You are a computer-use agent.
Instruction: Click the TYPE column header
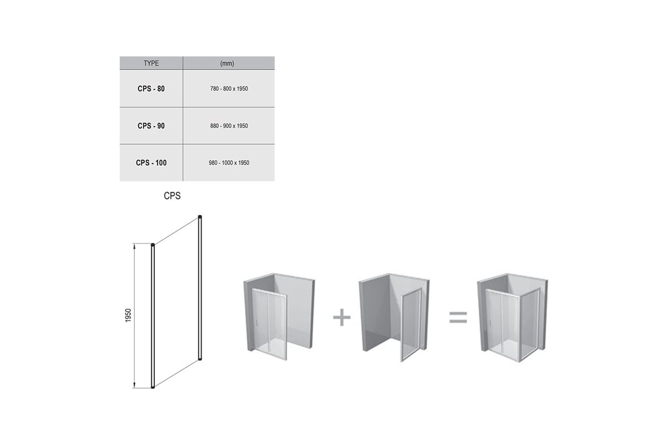(151, 63)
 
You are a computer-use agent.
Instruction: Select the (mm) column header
(227, 63)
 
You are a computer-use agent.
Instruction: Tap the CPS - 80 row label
(151, 88)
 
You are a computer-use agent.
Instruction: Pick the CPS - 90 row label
(151, 126)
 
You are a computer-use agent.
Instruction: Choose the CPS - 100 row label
(151, 163)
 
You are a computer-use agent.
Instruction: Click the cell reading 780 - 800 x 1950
(229, 88)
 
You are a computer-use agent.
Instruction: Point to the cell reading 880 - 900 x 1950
(229, 126)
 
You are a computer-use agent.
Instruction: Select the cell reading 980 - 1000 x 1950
(229, 163)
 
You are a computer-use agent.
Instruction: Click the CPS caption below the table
(172, 196)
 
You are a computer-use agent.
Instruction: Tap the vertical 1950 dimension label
(128, 315)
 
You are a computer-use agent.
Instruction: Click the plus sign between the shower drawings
(342, 317)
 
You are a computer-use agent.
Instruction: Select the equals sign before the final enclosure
(458, 318)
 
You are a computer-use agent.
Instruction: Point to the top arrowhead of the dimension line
(134, 246)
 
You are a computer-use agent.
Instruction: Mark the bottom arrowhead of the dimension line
(134, 385)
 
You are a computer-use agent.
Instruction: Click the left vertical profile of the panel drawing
(153, 316)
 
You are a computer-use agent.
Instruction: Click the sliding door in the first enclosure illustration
(269, 324)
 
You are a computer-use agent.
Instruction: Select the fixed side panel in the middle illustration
(411, 325)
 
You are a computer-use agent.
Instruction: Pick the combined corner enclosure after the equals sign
(512, 318)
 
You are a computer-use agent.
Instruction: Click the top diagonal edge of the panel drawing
(176, 231)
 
